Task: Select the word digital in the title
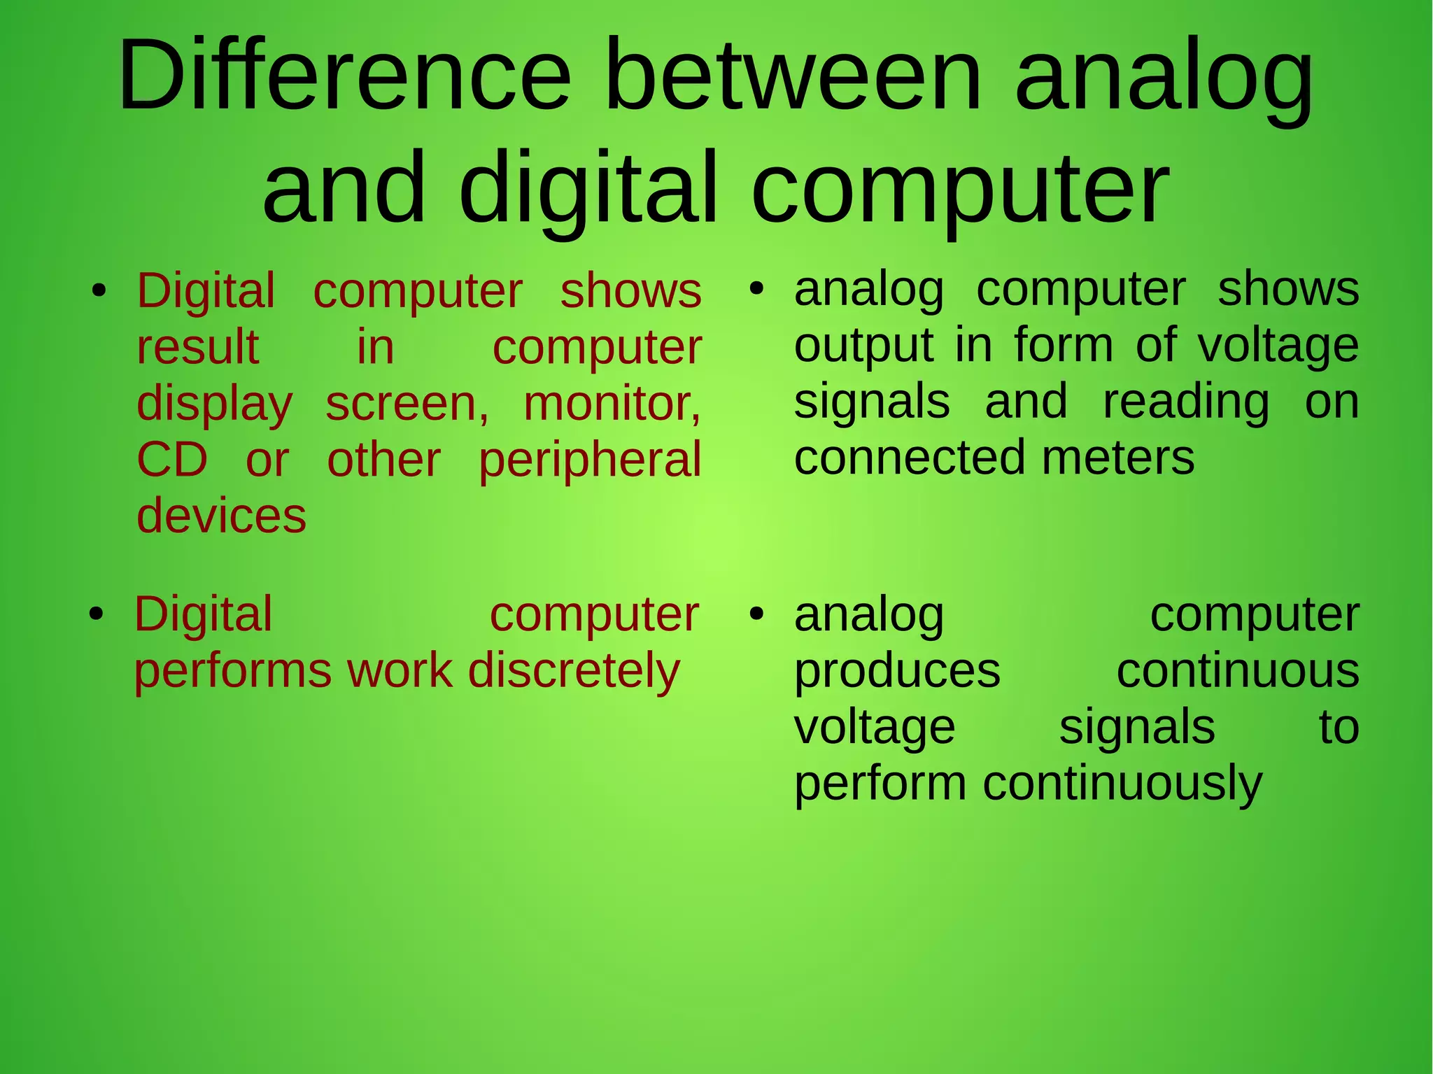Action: (588, 189)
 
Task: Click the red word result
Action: (198, 348)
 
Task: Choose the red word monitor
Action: (612, 404)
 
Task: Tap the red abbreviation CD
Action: (172, 460)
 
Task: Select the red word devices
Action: (221, 516)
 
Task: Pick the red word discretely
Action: (574, 670)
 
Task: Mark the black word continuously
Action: (1122, 784)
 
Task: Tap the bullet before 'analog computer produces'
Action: (756, 614)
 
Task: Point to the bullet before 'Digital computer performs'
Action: (97, 614)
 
